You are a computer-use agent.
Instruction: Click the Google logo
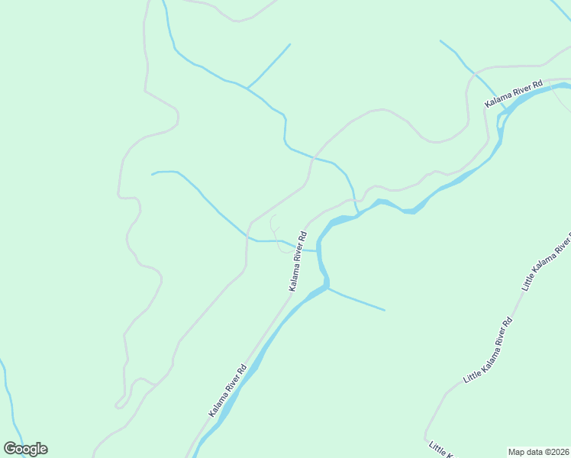[x=26, y=449]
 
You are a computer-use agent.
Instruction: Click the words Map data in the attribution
[x=525, y=452]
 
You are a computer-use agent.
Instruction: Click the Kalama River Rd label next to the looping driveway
[x=298, y=260]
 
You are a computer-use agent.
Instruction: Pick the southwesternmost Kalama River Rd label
[x=227, y=389]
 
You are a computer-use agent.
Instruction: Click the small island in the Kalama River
[x=504, y=114]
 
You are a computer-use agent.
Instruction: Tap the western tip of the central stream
[x=153, y=174]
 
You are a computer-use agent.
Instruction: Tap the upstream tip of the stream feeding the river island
[x=441, y=40]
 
